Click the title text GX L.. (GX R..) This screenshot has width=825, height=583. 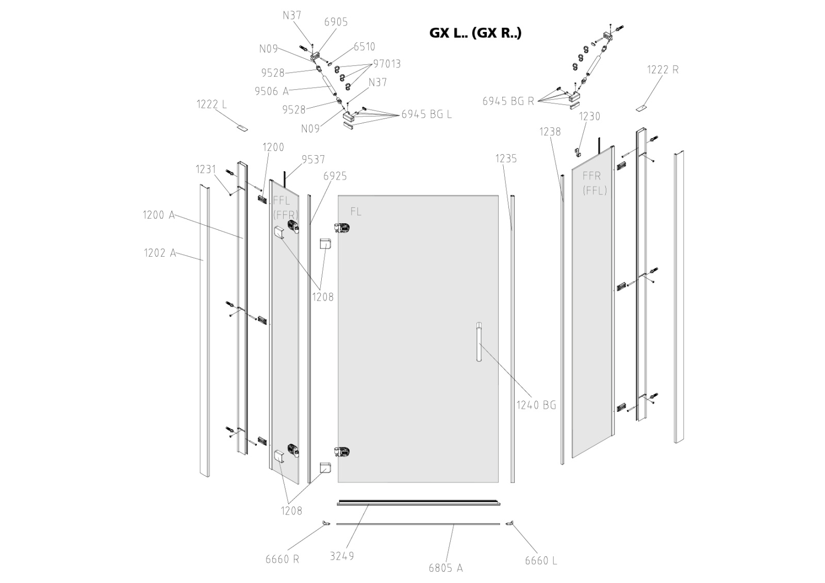475,33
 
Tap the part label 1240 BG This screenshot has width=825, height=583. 536,405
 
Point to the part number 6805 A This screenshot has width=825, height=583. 445,568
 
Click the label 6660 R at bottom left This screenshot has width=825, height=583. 283,559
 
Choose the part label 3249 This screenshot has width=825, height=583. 341,556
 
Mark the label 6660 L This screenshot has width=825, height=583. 541,561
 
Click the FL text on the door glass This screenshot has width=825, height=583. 356,212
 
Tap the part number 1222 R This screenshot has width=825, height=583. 663,70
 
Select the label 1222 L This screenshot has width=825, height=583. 211,104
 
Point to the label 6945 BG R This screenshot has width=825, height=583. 508,102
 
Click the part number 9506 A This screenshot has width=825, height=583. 272,91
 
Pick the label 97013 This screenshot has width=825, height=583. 387,64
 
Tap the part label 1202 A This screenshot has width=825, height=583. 160,253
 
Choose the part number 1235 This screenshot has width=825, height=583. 506,158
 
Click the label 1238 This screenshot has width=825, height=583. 550,132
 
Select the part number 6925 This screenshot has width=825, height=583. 335,176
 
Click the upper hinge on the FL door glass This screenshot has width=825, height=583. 342,227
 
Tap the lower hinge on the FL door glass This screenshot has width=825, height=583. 342,452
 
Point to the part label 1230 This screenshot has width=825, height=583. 589,116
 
